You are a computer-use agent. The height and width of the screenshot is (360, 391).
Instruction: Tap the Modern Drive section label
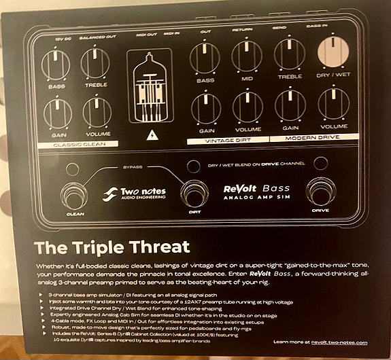click(311, 138)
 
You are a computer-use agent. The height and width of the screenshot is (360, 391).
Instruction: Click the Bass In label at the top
click(331, 23)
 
